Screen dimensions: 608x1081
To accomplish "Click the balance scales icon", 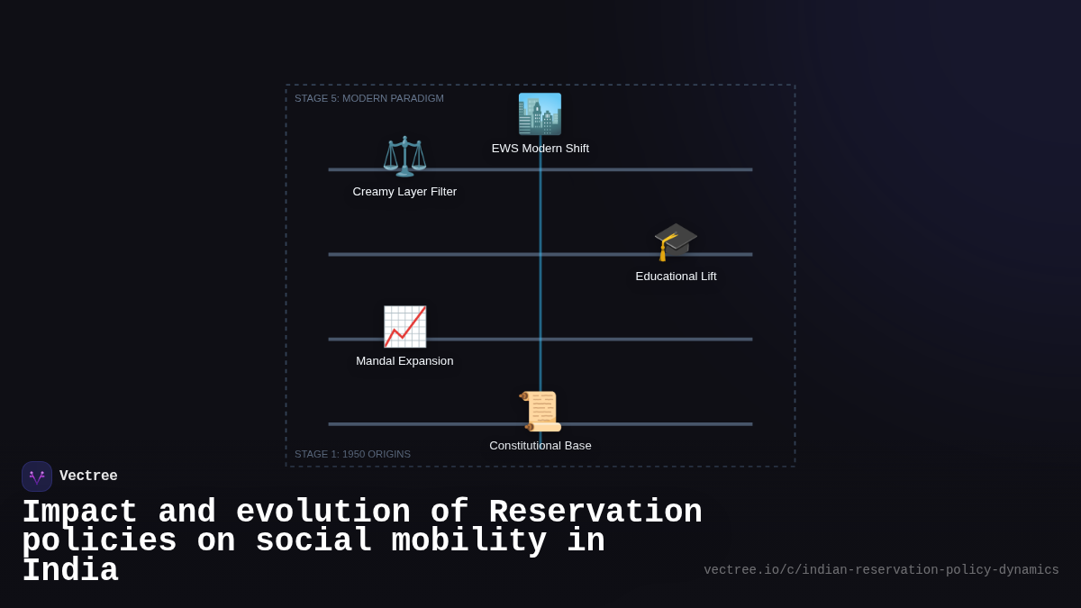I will coord(404,156).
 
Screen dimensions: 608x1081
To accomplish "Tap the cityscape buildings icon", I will coord(540,114).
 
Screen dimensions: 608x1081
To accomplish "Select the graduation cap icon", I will coord(676,241).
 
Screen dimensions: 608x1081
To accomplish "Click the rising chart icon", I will coord(404,326).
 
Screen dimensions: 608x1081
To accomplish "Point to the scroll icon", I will coord(540,411).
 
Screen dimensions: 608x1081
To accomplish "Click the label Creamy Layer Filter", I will coord(404,192).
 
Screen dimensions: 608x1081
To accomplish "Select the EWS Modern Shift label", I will coord(540,149).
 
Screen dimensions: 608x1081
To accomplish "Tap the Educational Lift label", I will coord(676,277).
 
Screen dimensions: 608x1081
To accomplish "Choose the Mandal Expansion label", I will coord(404,361).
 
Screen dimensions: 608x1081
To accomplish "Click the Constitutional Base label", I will coord(540,446).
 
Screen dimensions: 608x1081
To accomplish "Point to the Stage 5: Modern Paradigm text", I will coord(369,98).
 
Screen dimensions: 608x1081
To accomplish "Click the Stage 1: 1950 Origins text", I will coord(352,454).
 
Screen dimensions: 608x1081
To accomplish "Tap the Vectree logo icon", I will coord(37,476).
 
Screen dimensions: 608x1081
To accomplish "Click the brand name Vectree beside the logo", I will coord(88,476).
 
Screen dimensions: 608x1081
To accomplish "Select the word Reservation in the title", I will coord(595,513).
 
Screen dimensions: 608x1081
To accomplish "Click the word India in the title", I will coord(70,571).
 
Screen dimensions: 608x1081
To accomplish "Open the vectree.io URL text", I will coord(881,570).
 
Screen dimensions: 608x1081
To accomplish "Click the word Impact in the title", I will coord(79,513).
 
